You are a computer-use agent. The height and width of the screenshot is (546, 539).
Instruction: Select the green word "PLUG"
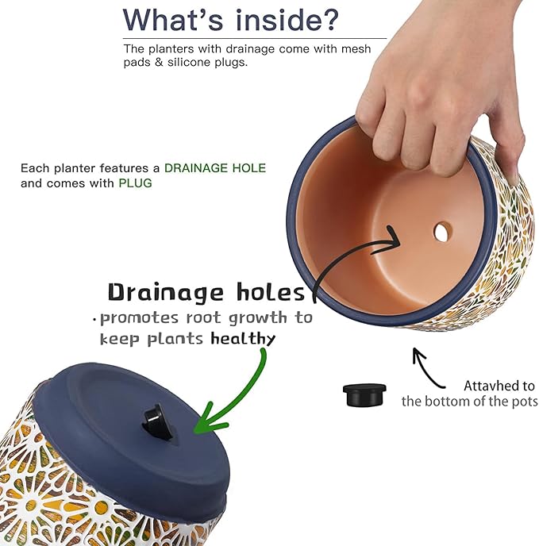pos(135,183)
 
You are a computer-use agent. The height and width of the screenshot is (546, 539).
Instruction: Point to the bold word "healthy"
pos(243,339)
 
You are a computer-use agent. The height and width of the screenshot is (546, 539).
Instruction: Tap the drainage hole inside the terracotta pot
pos(442,232)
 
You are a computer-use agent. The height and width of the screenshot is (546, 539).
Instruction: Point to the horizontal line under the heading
pos(254,37)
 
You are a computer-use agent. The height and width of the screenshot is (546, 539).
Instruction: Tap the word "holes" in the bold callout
pos(271,292)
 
